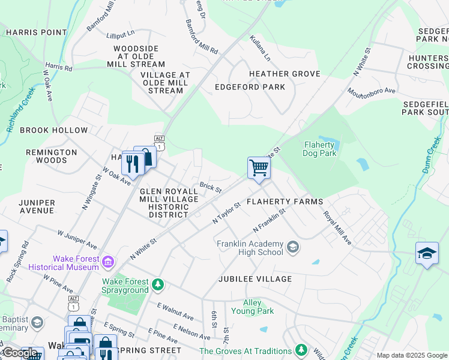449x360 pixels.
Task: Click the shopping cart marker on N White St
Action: pyautogui.click(x=259, y=168)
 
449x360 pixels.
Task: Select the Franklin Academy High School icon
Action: pyautogui.click(x=292, y=247)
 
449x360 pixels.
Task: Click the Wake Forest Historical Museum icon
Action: pyautogui.click(x=108, y=262)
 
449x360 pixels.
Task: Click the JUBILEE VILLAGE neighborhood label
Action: pyautogui.click(x=255, y=279)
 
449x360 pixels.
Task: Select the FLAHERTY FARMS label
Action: pyautogui.click(x=285, y=202)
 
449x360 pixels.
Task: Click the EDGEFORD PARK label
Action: pyautogui.click(x=250, y=87)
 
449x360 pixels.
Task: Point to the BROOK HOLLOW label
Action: pyautogui.click(x=53, y=130)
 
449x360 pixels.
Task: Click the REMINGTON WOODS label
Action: pyautogui.click(x=52, y=157)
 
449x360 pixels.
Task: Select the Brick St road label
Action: pyautogui.click(x=211, y=187)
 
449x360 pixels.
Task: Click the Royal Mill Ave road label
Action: pyautogui.click(x=337, y=227)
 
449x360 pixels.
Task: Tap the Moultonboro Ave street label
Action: pyautogui.click(x=372, y=91)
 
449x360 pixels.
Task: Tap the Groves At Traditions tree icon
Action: pyautogui.click(x=301, y=350)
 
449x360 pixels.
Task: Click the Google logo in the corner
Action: pyautogui.click(x=19, y=353)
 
